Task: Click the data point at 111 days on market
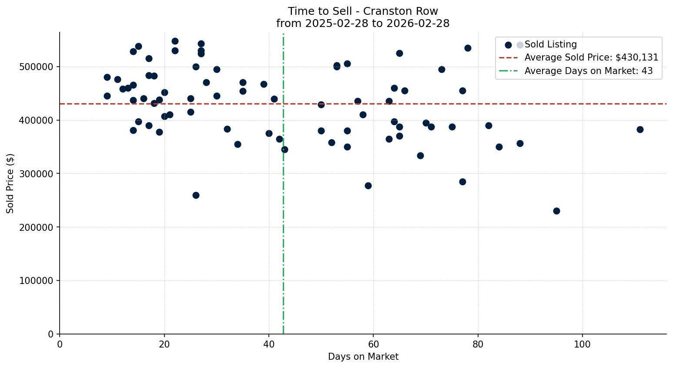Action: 640,129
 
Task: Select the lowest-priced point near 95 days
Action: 556,211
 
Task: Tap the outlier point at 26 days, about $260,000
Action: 196,195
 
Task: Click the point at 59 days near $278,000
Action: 368,186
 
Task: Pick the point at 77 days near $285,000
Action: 462,182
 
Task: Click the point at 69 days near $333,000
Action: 420,155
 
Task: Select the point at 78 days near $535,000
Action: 468,48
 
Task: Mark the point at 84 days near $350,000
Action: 499,147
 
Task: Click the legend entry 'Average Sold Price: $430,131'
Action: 591,57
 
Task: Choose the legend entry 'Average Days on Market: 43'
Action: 588,71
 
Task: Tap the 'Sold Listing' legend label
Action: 550,44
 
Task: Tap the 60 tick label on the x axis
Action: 373,344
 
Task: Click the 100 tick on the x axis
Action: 582,344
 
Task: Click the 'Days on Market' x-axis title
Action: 363,357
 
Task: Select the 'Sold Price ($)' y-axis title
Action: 10,183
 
